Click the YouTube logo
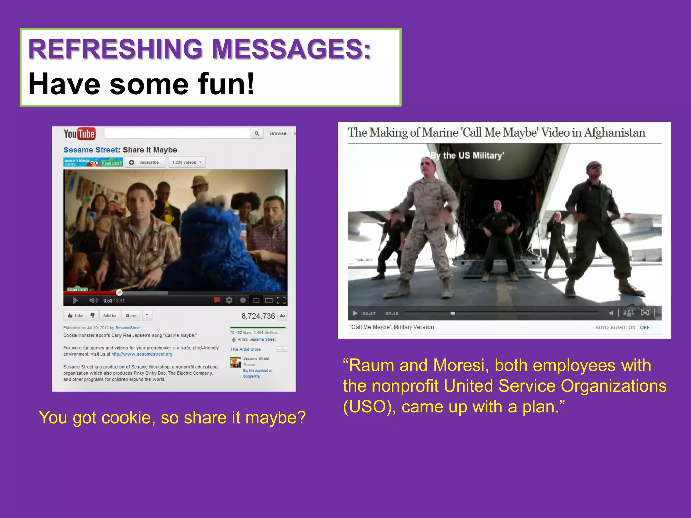click(x=80, y=134)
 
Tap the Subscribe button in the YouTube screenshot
click(x=145, y=162)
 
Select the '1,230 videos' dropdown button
click(x=187, y=162)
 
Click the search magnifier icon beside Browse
click(x=257, y=133)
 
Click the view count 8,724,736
click(x=258, y=316)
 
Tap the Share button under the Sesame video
click(x=131, y=316)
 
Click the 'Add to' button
click(x=109, y=316)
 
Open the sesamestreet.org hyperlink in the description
click(x=142, y=354)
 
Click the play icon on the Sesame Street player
click(x=75, y=300)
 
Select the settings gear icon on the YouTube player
click(x=229, y=300)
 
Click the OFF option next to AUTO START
click(x=644, y=327)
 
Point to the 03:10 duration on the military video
click(x=392, y=314)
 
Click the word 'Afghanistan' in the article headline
click(x=614, y=133)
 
